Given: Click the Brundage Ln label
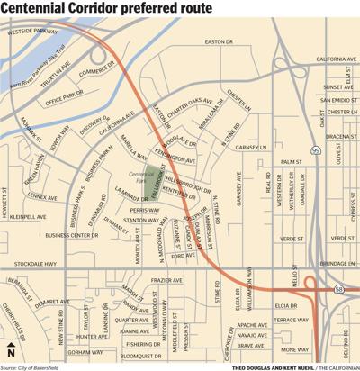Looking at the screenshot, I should coord(337,264).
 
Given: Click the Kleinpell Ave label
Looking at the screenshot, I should coord(28,217).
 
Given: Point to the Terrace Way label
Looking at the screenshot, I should coord(290,319).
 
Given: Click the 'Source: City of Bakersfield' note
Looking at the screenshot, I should coord(39,366).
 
